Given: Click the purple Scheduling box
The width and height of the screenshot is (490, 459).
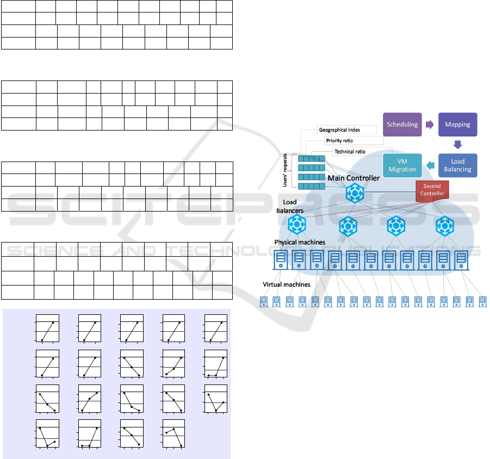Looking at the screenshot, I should [x=402, y=125].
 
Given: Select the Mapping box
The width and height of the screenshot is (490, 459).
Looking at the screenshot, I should [x=457, y=125].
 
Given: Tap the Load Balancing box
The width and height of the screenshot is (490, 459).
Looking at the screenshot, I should [x=457, y=165].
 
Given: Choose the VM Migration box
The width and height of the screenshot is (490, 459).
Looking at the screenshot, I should [x=402, y=165].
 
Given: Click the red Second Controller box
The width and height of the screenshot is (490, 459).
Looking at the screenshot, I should [x=433, y=190].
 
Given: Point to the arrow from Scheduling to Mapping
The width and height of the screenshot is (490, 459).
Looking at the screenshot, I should [x=430, y=125].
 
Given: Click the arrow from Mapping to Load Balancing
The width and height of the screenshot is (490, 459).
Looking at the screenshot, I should [x=457, y=145].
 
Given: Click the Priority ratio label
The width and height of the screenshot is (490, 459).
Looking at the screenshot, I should [x=339, y=140].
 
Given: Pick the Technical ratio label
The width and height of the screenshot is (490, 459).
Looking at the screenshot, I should [x=350, y=151].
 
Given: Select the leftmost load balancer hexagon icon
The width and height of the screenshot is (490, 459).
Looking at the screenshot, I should [x=297, y=223].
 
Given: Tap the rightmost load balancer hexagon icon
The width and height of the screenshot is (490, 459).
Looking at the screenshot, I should [x=445, y=223].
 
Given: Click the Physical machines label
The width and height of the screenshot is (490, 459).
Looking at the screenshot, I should [x=300, y=242].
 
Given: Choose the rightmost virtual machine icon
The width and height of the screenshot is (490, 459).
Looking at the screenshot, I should [x=482, y=301].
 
